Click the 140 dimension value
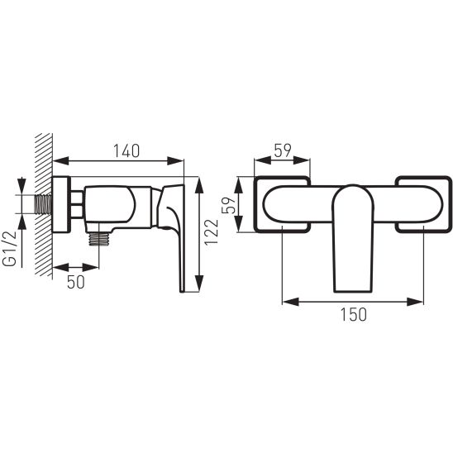[x=126, y=150]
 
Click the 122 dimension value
[x=212, y=232]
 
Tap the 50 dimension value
[x=76, y=282]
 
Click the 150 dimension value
[x=354, y=315]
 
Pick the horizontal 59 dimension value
[x=283, y=150]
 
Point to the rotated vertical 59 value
[x=228, y=205]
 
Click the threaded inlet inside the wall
[x=43, y=204]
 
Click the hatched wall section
[x=44, y=205]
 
